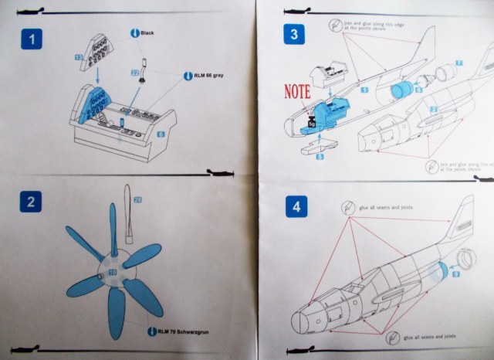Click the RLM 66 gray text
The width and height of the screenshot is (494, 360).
(x=209, y=76)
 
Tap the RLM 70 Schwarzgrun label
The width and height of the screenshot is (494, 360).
(x=177, y=332)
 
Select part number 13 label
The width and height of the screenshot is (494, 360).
(x=80, y=57)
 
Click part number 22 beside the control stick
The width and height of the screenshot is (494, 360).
(x=136, y=73)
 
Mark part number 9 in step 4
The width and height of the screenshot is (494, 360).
(x=457, y=272)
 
